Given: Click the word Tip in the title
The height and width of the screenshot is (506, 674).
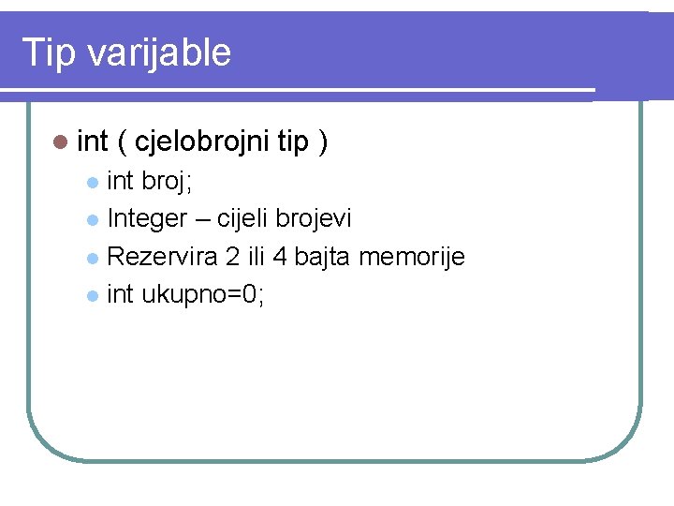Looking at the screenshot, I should tap(48, 52).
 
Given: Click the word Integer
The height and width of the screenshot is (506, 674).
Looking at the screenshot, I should tap(147, 219).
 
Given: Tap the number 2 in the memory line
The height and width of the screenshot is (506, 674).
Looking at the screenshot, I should tap(231, 257).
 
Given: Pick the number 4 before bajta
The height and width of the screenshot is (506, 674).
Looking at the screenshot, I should tap(279, 257).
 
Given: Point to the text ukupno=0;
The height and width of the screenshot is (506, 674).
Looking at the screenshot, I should tap(203, 295).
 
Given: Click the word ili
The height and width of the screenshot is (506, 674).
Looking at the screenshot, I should tap(255, 257).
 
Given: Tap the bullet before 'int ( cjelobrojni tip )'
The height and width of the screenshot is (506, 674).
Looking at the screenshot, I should tap(61, 142).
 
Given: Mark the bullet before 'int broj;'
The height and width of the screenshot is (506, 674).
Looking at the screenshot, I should tap(91, 181).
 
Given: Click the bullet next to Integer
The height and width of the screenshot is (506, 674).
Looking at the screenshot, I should tap(91, 220).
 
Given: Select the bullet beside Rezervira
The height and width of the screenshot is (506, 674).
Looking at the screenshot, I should tap(91, 258).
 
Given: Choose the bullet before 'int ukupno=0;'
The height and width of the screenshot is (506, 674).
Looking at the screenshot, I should tap(91, 296).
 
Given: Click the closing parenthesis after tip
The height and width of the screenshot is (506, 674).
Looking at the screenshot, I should tap(322, 142).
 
